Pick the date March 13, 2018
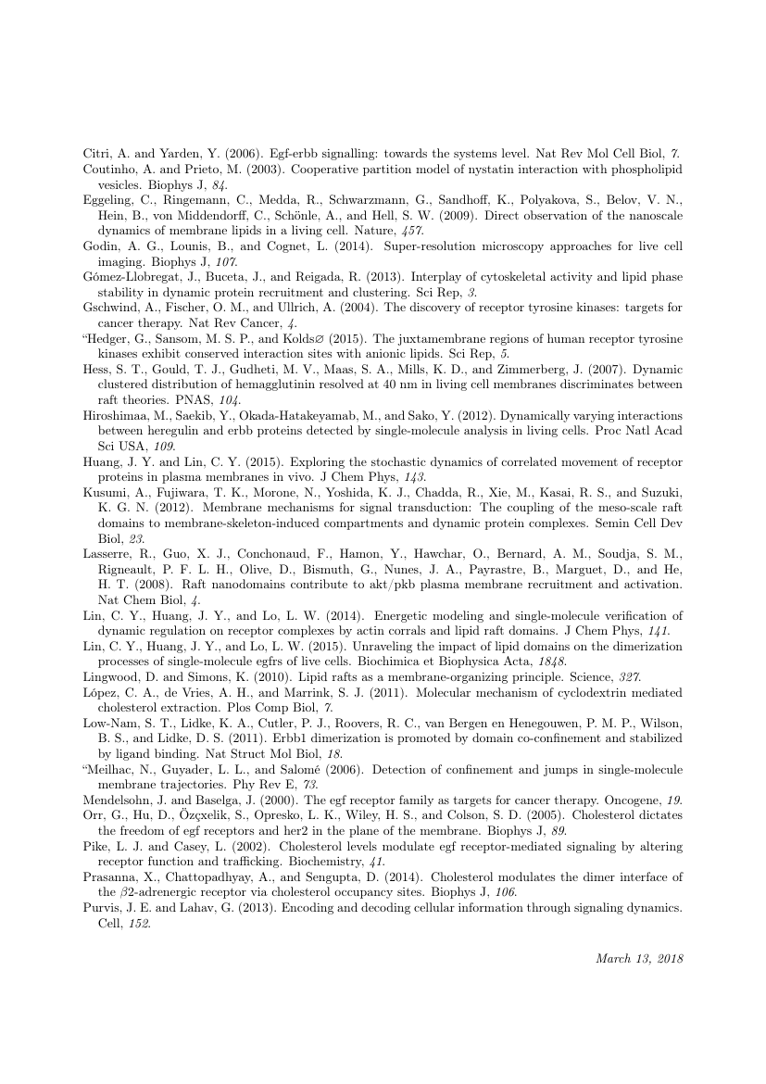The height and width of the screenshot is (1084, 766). [638, 959]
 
